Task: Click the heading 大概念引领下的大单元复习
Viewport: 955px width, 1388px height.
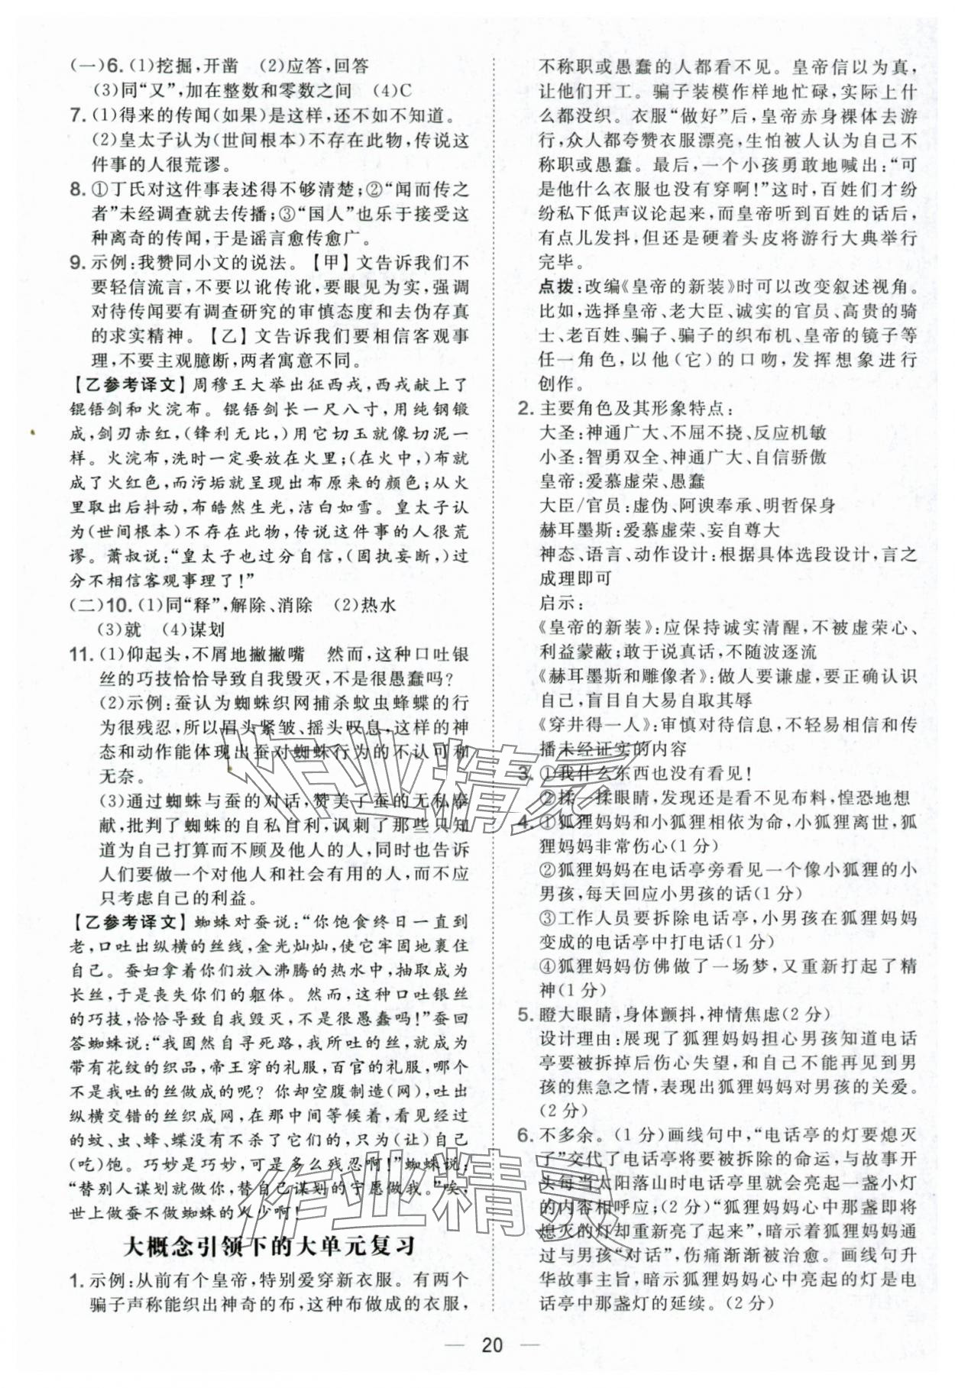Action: click(269, 1246)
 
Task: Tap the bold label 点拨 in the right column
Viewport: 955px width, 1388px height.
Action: click(557, 287)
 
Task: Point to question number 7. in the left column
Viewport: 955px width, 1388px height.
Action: click(76, 115)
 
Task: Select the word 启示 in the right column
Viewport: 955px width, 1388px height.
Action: click(556, 603)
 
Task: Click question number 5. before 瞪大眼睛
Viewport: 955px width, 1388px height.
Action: click(525, 1014)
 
